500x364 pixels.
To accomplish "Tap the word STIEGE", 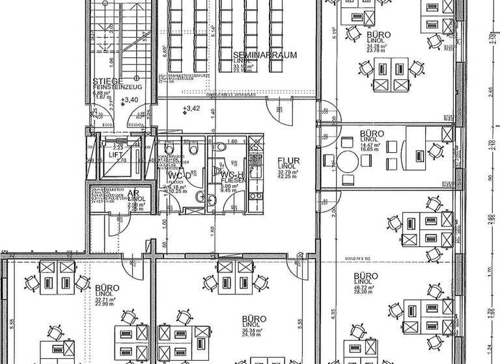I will tap(105, 81).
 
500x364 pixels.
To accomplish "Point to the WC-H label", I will tap(231, 175).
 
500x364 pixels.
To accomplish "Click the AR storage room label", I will tap(132, 193).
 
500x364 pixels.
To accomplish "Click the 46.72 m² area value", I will tap(365, 287).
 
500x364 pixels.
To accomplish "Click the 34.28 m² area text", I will tap(378, 46).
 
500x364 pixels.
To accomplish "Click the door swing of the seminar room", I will tap(283, 113).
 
